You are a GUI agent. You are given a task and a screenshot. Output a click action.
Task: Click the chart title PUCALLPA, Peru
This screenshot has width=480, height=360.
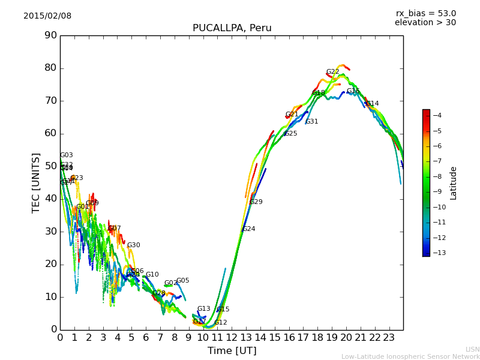tap(232, 28)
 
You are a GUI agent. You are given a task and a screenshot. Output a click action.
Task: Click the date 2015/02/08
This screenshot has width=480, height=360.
tap(47, 16)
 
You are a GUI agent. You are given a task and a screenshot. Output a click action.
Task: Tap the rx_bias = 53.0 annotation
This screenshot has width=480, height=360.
tap(425, 14)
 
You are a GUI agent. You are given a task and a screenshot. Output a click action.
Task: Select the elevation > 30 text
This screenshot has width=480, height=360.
tap(425, 23)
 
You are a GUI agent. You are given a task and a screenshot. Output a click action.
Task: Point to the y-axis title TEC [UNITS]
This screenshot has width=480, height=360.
tap(37, 182)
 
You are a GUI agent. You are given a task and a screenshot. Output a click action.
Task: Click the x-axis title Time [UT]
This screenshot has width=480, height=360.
tap(232, 350)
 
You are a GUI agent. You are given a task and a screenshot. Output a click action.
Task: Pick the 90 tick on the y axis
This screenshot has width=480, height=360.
tap(50, 35)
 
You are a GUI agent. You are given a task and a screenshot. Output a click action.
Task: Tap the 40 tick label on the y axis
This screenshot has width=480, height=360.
tap(50, 199)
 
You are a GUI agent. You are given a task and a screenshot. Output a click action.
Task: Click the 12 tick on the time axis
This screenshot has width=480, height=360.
tap(232, 337)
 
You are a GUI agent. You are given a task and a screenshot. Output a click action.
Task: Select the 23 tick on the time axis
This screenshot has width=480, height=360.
tap(389, 337)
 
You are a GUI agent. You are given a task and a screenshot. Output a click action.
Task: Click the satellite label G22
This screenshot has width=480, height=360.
tap(332, 72)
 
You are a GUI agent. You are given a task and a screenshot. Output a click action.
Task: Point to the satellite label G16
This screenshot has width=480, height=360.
tap(353, 91)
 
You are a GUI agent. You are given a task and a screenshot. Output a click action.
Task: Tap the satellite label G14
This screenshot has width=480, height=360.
tap(372, 104)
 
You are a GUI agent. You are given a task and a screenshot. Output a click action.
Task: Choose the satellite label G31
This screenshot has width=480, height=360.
tap(311, 122)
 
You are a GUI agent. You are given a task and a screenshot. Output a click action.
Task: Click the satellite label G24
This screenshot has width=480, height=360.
tap(248, 229)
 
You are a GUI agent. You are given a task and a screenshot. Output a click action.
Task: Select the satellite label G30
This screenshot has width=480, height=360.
tap(133, 245)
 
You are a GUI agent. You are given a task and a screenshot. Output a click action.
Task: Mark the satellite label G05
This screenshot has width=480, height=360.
tap(182, 281)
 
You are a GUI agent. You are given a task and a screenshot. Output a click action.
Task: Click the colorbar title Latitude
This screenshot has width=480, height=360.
tap(454, 183)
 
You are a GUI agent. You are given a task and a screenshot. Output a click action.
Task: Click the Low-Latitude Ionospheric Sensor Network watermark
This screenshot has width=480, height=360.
tap(410, 356)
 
